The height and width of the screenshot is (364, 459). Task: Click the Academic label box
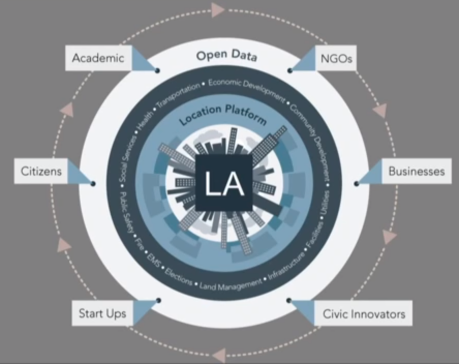point(98,57)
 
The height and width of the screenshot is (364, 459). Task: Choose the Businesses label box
point(416,171)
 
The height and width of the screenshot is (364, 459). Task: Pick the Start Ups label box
point(102,313)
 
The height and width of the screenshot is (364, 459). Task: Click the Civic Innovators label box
point(363,313)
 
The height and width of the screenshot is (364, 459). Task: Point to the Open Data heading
point(226,56)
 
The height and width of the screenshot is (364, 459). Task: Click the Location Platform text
point(223,114)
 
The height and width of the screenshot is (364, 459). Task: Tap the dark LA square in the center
point(224,183)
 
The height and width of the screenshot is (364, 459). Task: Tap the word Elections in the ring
point(179,277)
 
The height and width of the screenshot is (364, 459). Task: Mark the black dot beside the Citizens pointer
point(93,183)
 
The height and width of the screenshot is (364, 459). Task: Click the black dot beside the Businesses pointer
point(356,183)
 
